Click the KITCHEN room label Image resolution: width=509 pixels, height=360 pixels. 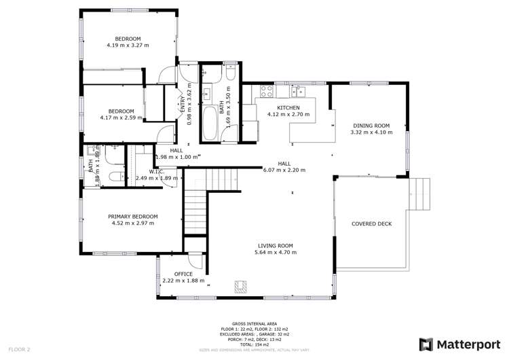[288, 107]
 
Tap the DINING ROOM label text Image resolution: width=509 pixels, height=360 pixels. [371, 126]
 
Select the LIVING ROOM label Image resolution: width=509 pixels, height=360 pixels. [275, 245]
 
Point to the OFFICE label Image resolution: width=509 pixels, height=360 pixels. [174, 274]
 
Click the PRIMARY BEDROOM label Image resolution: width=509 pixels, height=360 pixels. [133, 216]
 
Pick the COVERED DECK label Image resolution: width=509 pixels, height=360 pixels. [371, 223]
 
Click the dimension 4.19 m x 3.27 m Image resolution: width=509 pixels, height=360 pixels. [128, 45]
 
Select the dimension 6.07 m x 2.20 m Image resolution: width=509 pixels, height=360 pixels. [285, 170]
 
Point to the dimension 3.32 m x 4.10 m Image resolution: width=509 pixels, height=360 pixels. [371, 132]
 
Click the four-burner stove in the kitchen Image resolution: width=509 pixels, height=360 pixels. [265, 90]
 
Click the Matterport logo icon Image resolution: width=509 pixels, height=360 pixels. [426, 344]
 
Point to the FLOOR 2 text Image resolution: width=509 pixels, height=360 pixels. [19, 348]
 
